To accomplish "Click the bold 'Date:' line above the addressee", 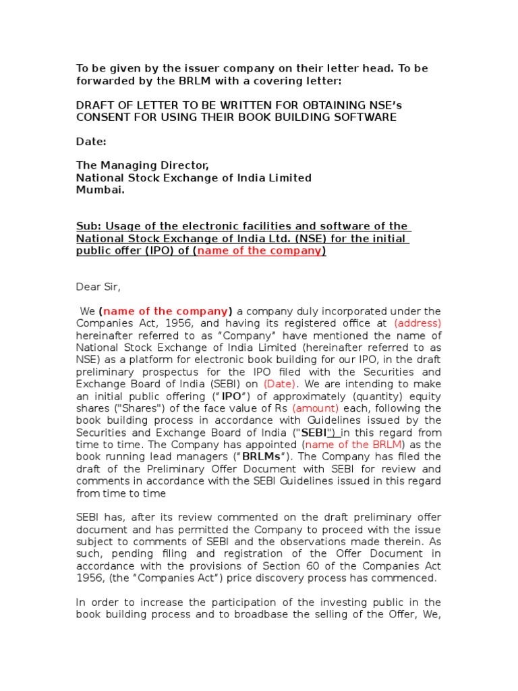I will pyautogui.click(x=91, y=142).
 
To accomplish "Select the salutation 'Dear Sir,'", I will pyautogui.click(x=98, y=287).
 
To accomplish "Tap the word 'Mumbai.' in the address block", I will pyautogui.click(x=100, y=190).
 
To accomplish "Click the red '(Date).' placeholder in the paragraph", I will pyautogui.click(x=271, y=384).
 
